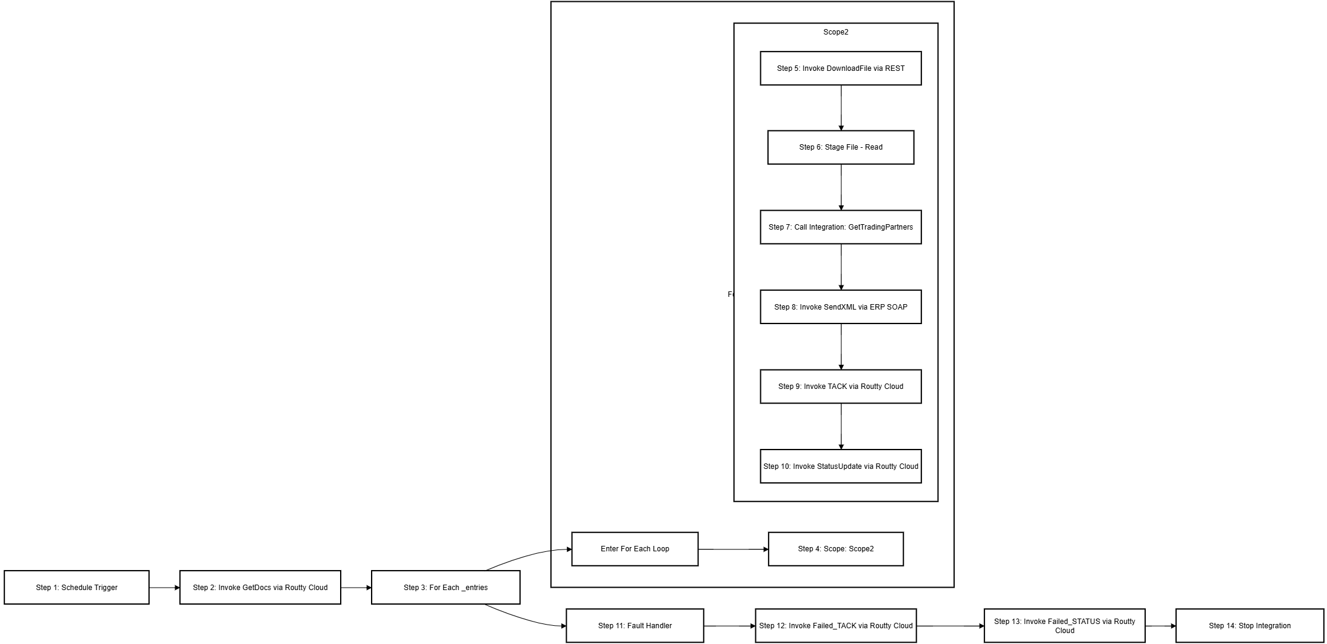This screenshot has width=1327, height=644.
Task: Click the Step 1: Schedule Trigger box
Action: pyautogui.click(x=76, y=587)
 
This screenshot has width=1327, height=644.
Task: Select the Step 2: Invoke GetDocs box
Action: pyautogui.click(x=260, y=587)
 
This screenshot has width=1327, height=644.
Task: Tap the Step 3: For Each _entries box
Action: pyautogui.click(x=446, y=587)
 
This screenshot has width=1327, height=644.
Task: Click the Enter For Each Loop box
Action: pyautogui.click(x=635, y=549)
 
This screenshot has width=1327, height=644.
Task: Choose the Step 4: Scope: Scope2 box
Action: pyautogui.click(x=835, y=549)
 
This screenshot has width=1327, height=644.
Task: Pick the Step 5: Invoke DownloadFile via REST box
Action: pyautogui.click(x=840, y=68)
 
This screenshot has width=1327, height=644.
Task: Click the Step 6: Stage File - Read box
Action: pyautogui.click(x=840, y=147)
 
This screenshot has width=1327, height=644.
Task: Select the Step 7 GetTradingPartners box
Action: pyautogui.click(x=840, y=227)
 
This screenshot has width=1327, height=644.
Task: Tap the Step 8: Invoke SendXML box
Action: pyautogui.click(x=840, y=307)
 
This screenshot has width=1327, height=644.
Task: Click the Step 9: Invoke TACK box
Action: pyautogui.click(x=840, y=387)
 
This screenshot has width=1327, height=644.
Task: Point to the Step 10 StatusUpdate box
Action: pyautogui.click(x=840, y=466)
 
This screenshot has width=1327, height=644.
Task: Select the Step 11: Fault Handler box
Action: pyautogui.click(x=635, y=626)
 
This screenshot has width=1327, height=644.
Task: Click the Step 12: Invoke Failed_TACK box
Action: pyautogui.click(x=835, y=626)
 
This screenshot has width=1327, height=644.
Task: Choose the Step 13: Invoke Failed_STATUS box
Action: pyautogui.click(x=1064, y=626)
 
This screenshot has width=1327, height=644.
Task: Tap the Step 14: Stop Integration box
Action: pyautogui.click(x=1249, y=626)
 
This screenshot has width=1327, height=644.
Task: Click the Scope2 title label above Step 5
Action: pyautogui.click(x=835, y=32)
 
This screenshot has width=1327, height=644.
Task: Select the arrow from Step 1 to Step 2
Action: pyautogui.click(x=164, y=588)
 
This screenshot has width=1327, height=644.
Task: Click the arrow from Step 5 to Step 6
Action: pyautogui.click(x=841, y=108)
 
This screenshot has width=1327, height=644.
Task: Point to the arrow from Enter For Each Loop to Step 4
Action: pyautogui.click(x=733, y=549)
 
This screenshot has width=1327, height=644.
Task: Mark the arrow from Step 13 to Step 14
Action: pyautogui.click(x=1160, y=626)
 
